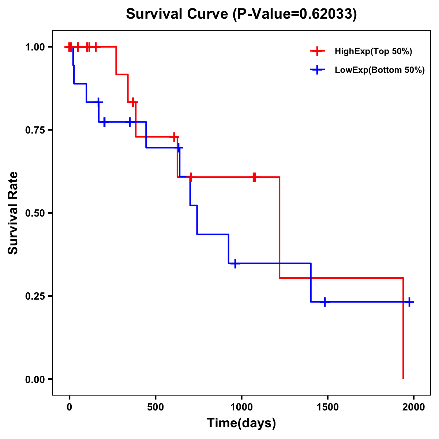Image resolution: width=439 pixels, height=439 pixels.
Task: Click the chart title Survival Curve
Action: point(178,14)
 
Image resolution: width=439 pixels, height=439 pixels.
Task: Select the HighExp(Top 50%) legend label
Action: point(374,52)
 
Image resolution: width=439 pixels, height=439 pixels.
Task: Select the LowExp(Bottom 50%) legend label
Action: point(380,70)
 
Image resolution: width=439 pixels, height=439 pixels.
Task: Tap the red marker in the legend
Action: point(317,51)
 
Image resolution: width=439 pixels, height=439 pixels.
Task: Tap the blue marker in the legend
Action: point(317,70)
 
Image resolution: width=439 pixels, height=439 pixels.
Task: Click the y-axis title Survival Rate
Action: point(13,213)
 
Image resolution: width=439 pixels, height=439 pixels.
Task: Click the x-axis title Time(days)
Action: point(241,423)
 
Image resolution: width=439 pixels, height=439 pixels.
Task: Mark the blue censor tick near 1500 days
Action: point(324,302)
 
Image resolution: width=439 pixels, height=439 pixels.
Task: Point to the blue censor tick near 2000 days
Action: point(409,302)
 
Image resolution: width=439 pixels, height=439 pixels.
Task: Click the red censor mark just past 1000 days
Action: point(254,177)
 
